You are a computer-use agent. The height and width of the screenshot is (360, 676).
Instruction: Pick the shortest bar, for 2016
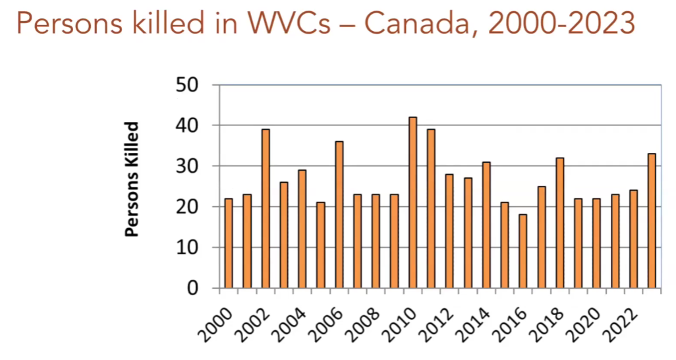coord(522,251)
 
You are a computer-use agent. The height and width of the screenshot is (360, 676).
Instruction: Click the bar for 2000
coord(229,243)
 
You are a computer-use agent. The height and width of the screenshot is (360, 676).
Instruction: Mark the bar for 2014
coord(486,225)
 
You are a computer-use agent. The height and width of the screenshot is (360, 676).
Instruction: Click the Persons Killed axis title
coord(132,179)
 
